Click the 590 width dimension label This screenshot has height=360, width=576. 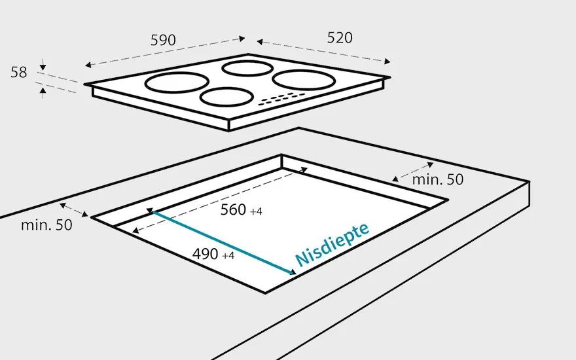point(163,40)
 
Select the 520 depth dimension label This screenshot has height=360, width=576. point(339,38)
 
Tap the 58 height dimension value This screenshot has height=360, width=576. point(19,72)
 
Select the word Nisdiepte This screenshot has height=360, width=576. point(333,243)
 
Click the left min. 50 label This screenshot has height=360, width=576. point(46,225)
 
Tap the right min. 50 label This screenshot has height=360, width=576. point(437,179)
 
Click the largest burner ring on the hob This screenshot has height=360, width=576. point(177,82)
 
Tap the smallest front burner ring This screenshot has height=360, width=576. point(226,97)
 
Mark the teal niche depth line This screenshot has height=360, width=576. point(222,242)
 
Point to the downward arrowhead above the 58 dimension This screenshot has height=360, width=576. point(43,66)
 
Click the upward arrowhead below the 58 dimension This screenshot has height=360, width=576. point(43,92)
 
